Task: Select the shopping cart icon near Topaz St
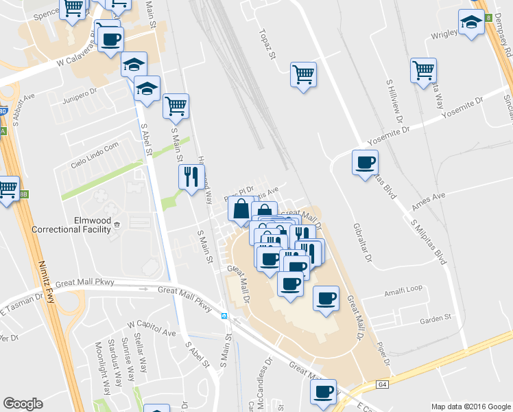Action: click(303, 74)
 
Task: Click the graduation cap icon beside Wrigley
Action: click(470, 23)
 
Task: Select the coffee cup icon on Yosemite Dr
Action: click(365, 163)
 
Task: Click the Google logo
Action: click(23, 404)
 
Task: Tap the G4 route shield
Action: click(383, 385)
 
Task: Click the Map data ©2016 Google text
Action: click(470, 406)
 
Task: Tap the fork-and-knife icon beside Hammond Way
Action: click(191, 176)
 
